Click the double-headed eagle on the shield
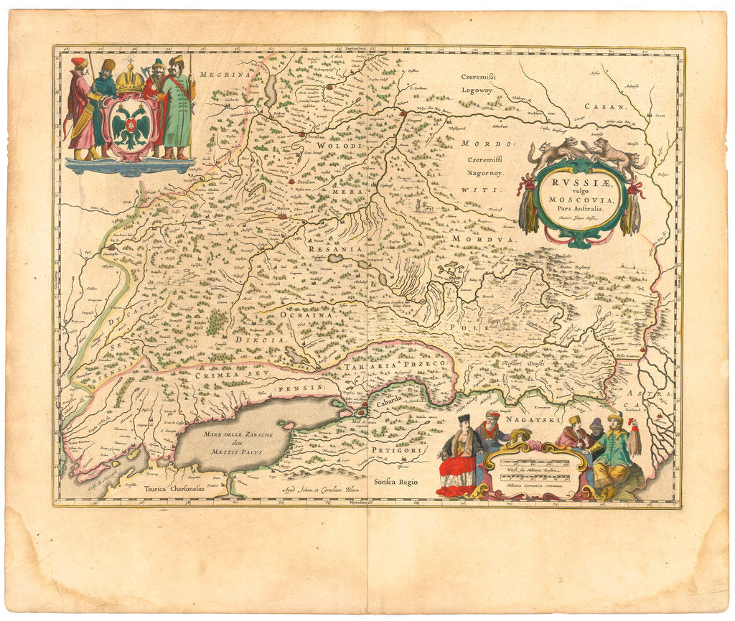(x=131, y=127)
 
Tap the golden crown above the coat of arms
(x=130, y=80)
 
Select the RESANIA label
(x=332, y=248)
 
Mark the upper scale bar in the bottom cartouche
(x=534, y=462)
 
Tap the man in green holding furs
(x=616, y=449)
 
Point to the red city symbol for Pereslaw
(x=290, y=182)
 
